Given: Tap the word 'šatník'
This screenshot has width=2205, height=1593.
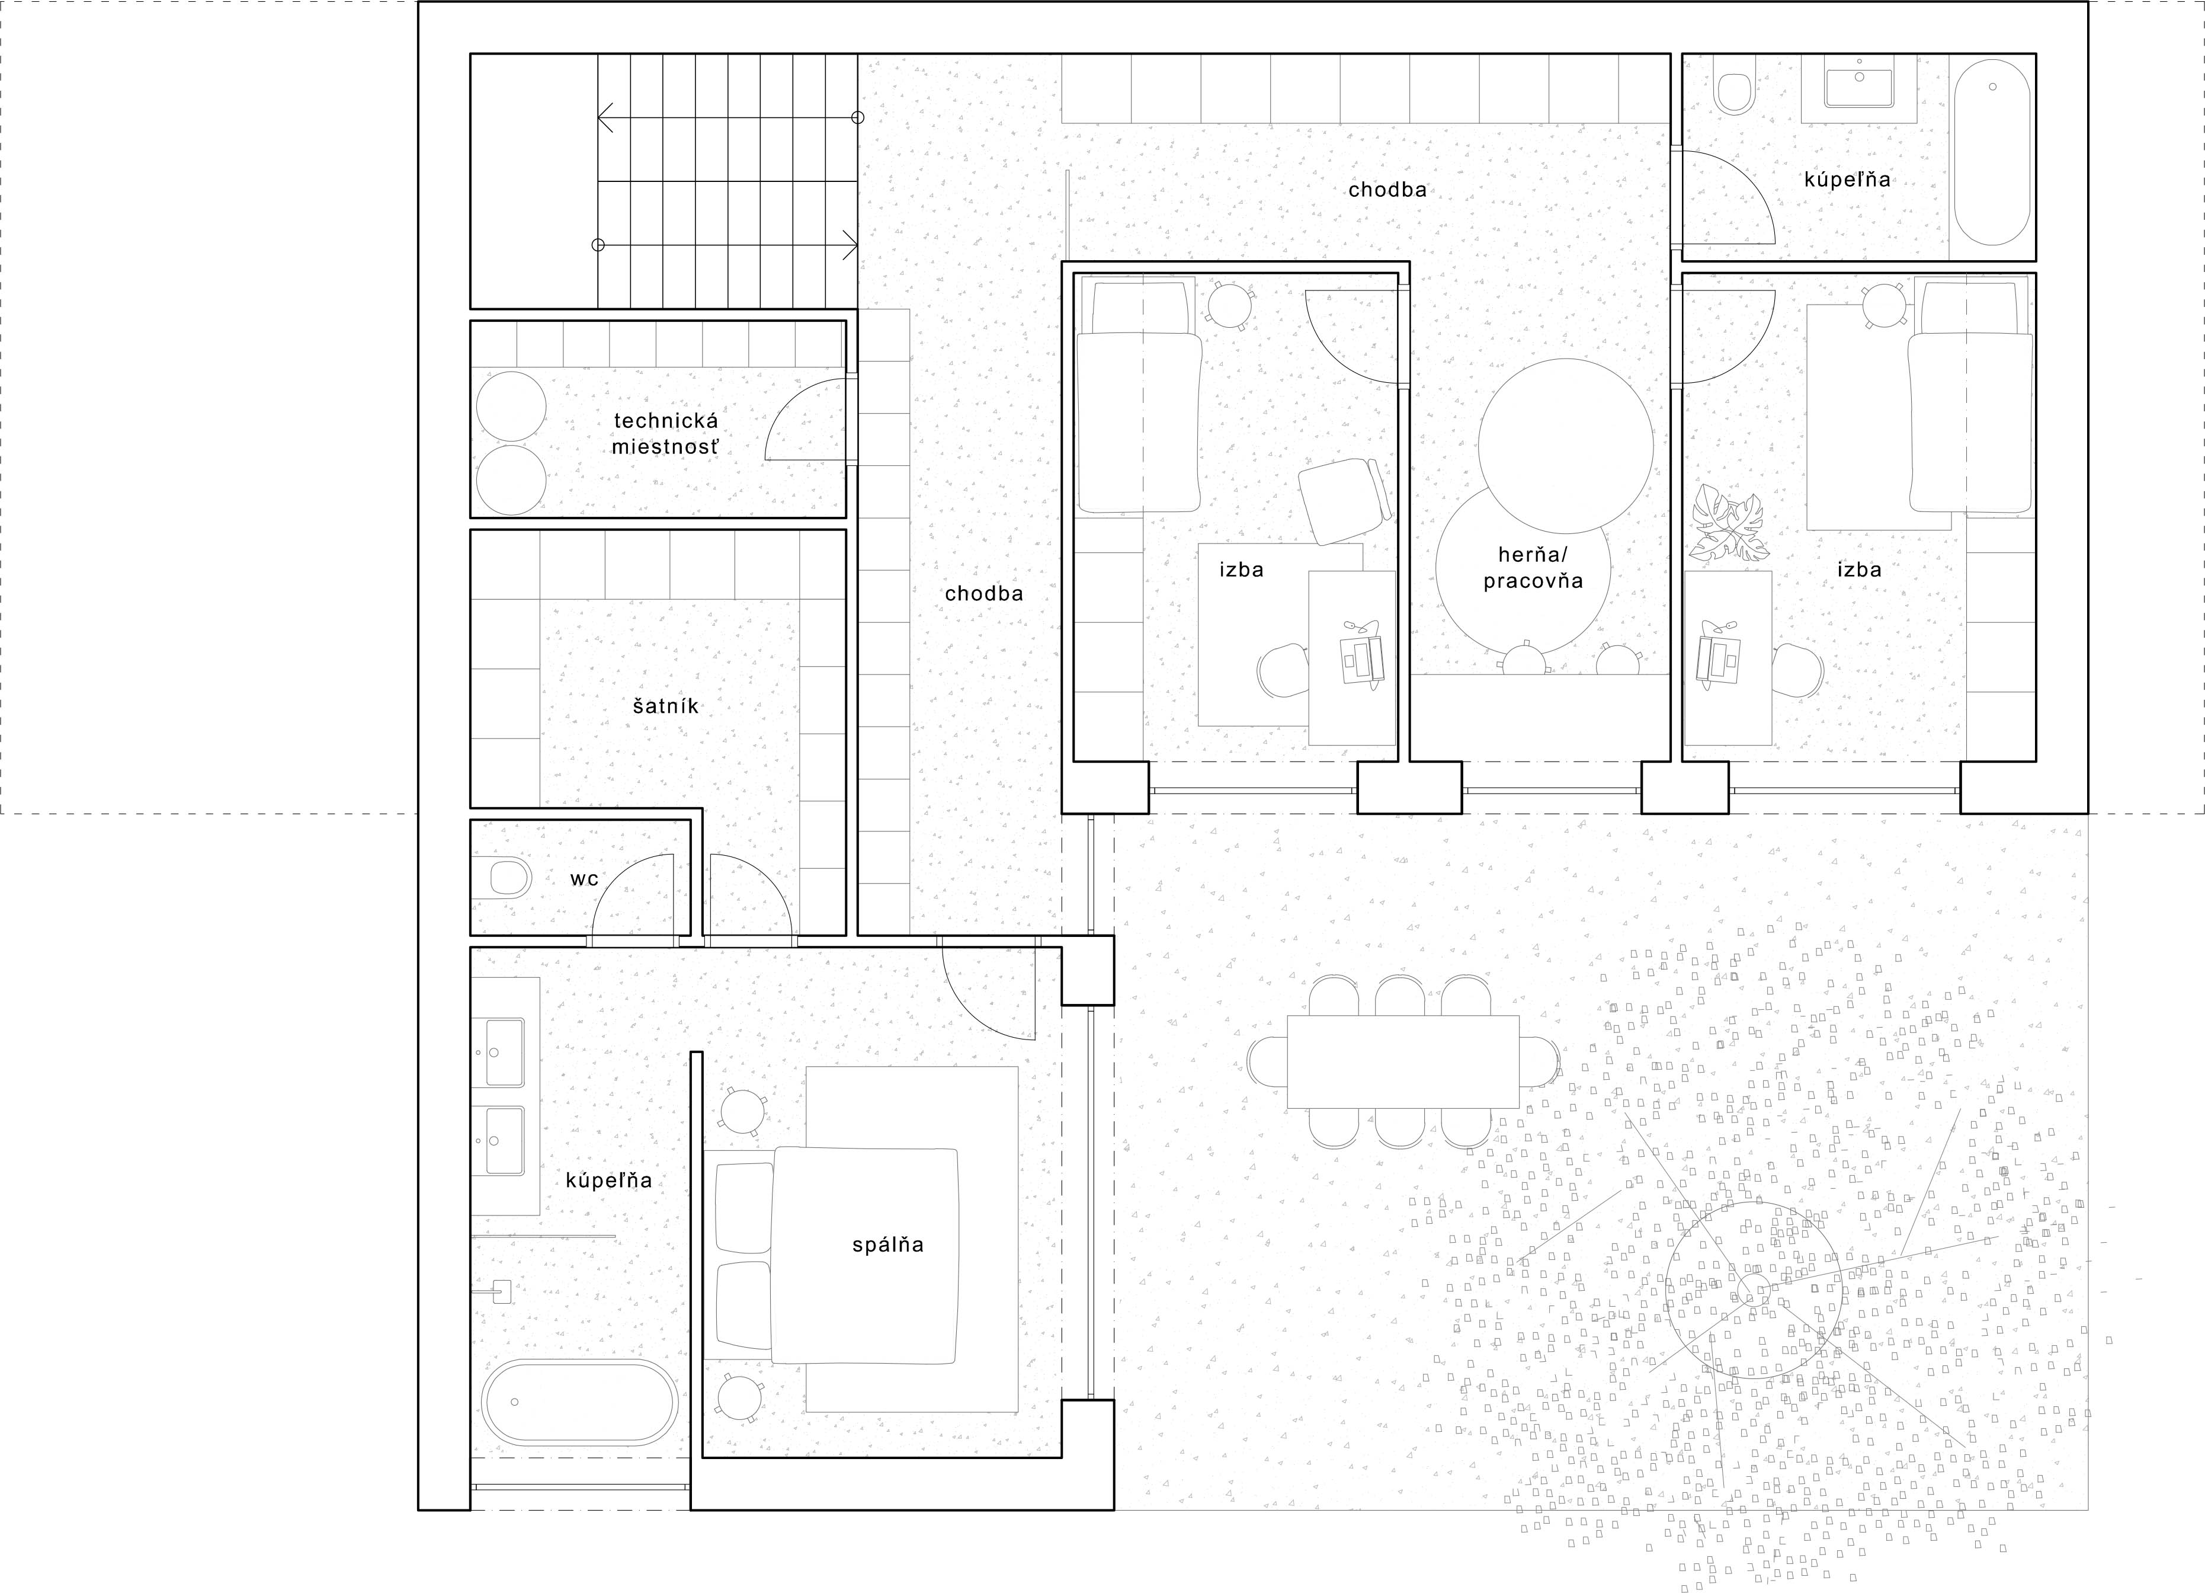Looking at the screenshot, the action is [666, 706].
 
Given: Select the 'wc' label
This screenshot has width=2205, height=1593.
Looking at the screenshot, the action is [584, 879].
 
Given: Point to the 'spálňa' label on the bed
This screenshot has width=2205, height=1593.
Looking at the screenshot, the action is [887, 1245].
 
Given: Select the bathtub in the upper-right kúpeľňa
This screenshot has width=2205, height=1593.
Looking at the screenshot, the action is [1992, 153].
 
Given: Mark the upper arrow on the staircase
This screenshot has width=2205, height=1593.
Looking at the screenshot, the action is [727, 118].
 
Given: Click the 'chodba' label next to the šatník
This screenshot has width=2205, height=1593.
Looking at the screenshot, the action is [984, 593].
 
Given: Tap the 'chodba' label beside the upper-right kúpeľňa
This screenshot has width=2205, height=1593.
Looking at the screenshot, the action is [1387, 190].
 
